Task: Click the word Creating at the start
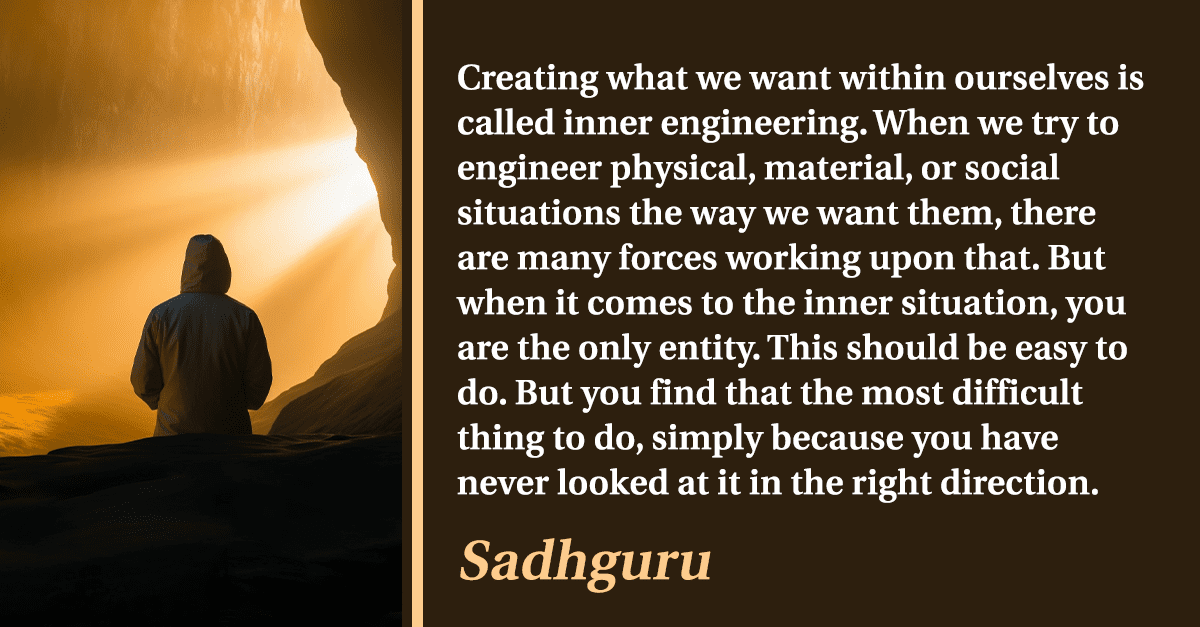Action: [x=527, y=79]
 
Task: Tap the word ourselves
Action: [x=1031, y=78]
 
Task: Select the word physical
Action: [x=682, y=169]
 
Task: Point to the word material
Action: [x=837, y=168]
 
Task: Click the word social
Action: [x=1011, y=167]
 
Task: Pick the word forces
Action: [x=668, y=258]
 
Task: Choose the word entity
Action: [x=709, y=349]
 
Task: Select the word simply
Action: [x=707, y=439]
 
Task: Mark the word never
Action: [x=502, y=484]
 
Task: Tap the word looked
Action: [x=613, y=482]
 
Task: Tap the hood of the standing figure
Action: [x=206, y=264]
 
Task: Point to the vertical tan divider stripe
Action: [x=417, y=314]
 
